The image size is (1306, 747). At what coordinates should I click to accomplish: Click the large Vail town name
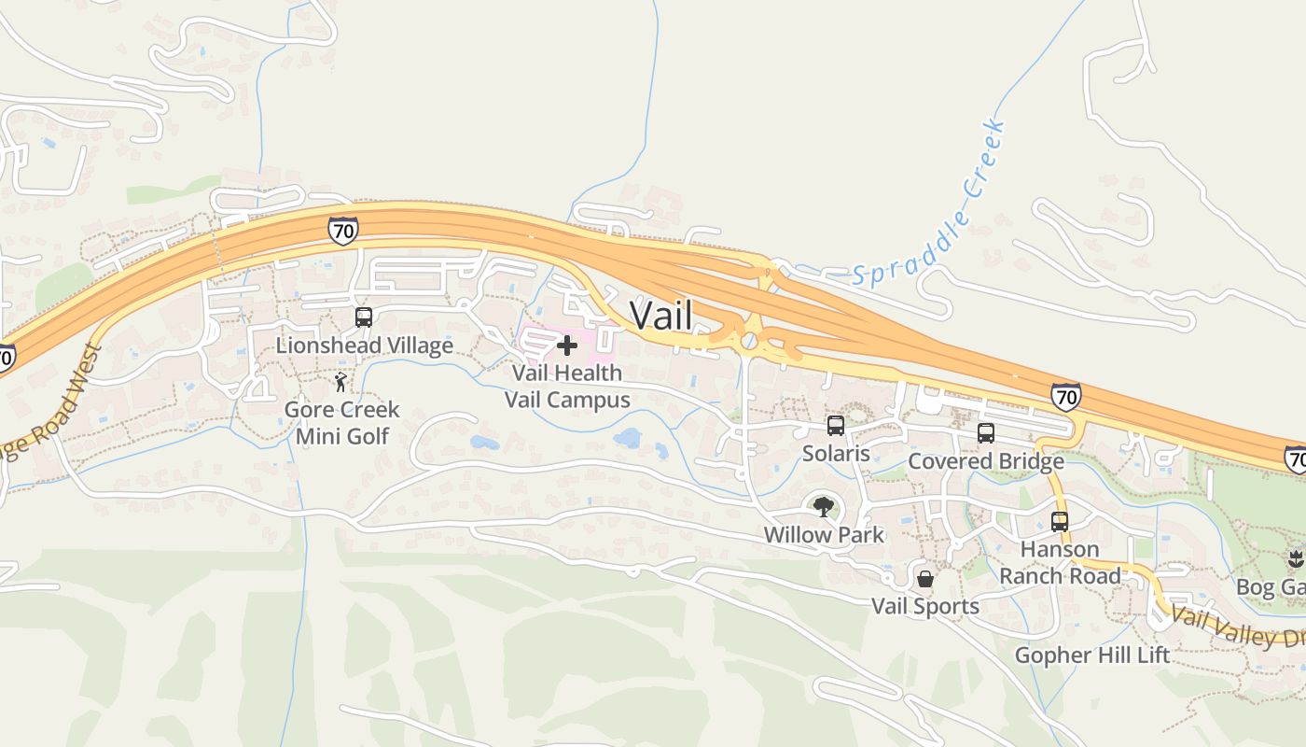click(661, 315)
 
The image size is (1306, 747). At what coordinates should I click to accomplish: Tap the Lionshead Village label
click(364, 345)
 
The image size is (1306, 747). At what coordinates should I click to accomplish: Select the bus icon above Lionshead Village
click(364, 317)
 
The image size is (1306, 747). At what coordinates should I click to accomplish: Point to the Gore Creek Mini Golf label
click(341, 423)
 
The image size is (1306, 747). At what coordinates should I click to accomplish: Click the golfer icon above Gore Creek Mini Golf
click(341, 383)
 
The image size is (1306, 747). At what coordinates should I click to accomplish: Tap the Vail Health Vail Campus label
click(567, 387)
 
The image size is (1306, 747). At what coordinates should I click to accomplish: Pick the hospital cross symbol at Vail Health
click(566, 346)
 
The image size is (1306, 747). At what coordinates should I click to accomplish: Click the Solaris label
click(836, 454)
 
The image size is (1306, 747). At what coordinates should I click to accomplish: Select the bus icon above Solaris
click(836, 426)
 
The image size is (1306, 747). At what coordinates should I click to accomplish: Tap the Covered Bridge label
click(985, 461)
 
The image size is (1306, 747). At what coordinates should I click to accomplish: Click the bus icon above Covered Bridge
click(986, 433)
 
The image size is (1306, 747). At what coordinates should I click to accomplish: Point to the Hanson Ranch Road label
click(1060, 562)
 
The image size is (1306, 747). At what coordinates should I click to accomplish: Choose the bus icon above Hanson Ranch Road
click(1060, 521)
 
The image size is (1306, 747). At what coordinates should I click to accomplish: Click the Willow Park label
click(823, 535)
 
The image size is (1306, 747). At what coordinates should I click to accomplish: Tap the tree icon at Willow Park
click(823, 507)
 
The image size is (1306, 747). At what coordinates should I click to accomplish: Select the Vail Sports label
click(924, 607)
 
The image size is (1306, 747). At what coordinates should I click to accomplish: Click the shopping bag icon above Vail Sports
click(925, 579)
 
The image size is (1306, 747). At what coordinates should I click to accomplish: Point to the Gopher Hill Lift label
click(1091, 655)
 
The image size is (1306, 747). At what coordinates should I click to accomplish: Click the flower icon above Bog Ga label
click(1295, 559)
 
